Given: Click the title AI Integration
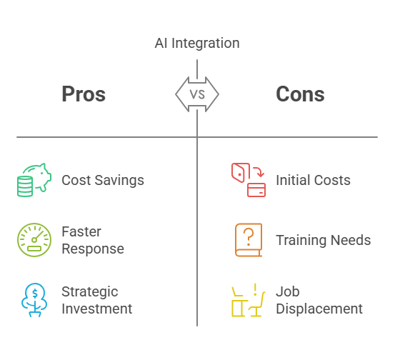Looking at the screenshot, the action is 197,43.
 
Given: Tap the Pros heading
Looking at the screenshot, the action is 84,94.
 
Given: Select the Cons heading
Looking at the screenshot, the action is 300,94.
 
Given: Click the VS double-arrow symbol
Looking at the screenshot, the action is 197,94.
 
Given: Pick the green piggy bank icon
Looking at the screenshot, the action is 34,180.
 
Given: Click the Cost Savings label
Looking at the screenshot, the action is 103,181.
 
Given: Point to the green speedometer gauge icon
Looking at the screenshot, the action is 34,240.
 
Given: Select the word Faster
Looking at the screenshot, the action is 81,231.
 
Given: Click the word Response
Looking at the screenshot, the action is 93,249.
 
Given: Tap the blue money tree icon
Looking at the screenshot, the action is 34,300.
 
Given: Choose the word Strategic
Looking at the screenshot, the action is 90,292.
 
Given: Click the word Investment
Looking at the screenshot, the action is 97,309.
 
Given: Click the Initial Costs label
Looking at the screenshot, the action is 313,180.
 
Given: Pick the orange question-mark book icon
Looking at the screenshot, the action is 249,240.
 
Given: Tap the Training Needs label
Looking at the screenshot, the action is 324,240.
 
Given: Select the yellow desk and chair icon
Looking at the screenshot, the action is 249,300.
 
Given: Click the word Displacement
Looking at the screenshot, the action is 319,309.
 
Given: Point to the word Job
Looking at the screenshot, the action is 288,291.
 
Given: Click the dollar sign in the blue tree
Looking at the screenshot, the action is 35,294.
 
